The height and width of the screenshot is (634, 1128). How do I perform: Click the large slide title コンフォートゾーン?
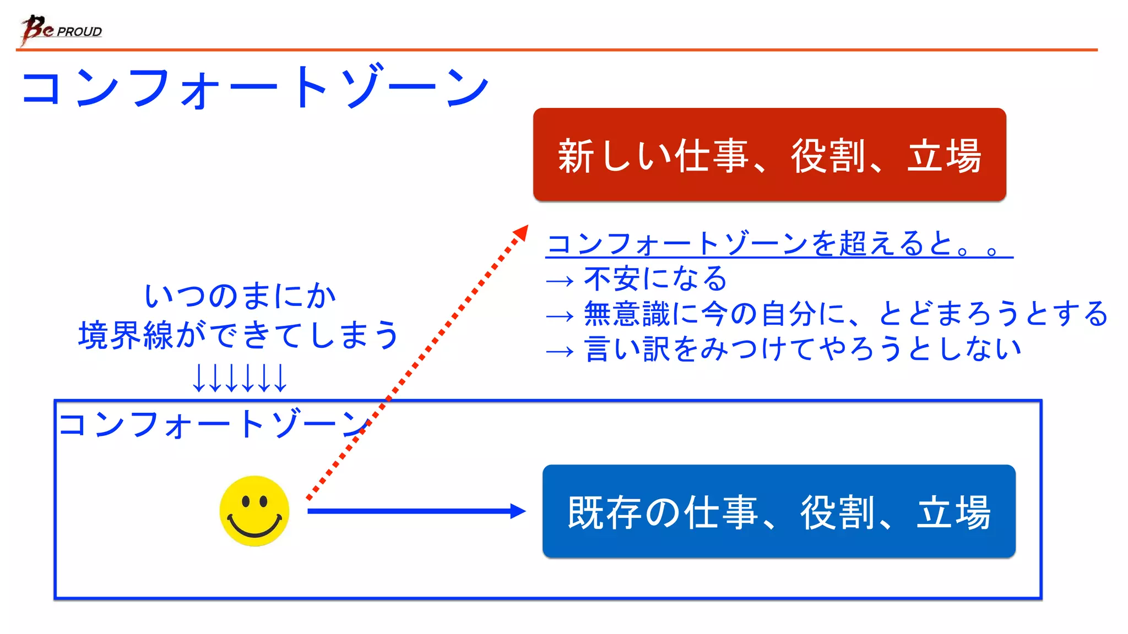point(254,88)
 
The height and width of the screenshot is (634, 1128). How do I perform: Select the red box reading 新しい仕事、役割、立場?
point(769,155)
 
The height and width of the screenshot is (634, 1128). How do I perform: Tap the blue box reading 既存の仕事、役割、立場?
point(778,511)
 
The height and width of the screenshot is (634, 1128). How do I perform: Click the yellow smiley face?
point(254,511)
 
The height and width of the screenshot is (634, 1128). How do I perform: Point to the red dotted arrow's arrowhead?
point(520,233)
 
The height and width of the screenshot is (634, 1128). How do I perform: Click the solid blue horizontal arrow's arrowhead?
point(518,511)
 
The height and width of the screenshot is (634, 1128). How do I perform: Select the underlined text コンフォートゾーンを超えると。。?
point(779,243)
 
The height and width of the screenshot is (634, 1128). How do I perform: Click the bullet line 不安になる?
point(655,278)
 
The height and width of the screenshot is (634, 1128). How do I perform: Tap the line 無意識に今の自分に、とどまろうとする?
point(845,314)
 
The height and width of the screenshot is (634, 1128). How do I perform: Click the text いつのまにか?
point(240,296)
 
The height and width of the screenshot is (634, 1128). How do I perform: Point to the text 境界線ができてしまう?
point(238,335)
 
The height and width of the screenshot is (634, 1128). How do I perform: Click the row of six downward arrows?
point(240,378)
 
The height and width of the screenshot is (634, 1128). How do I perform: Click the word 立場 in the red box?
point(943,156)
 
